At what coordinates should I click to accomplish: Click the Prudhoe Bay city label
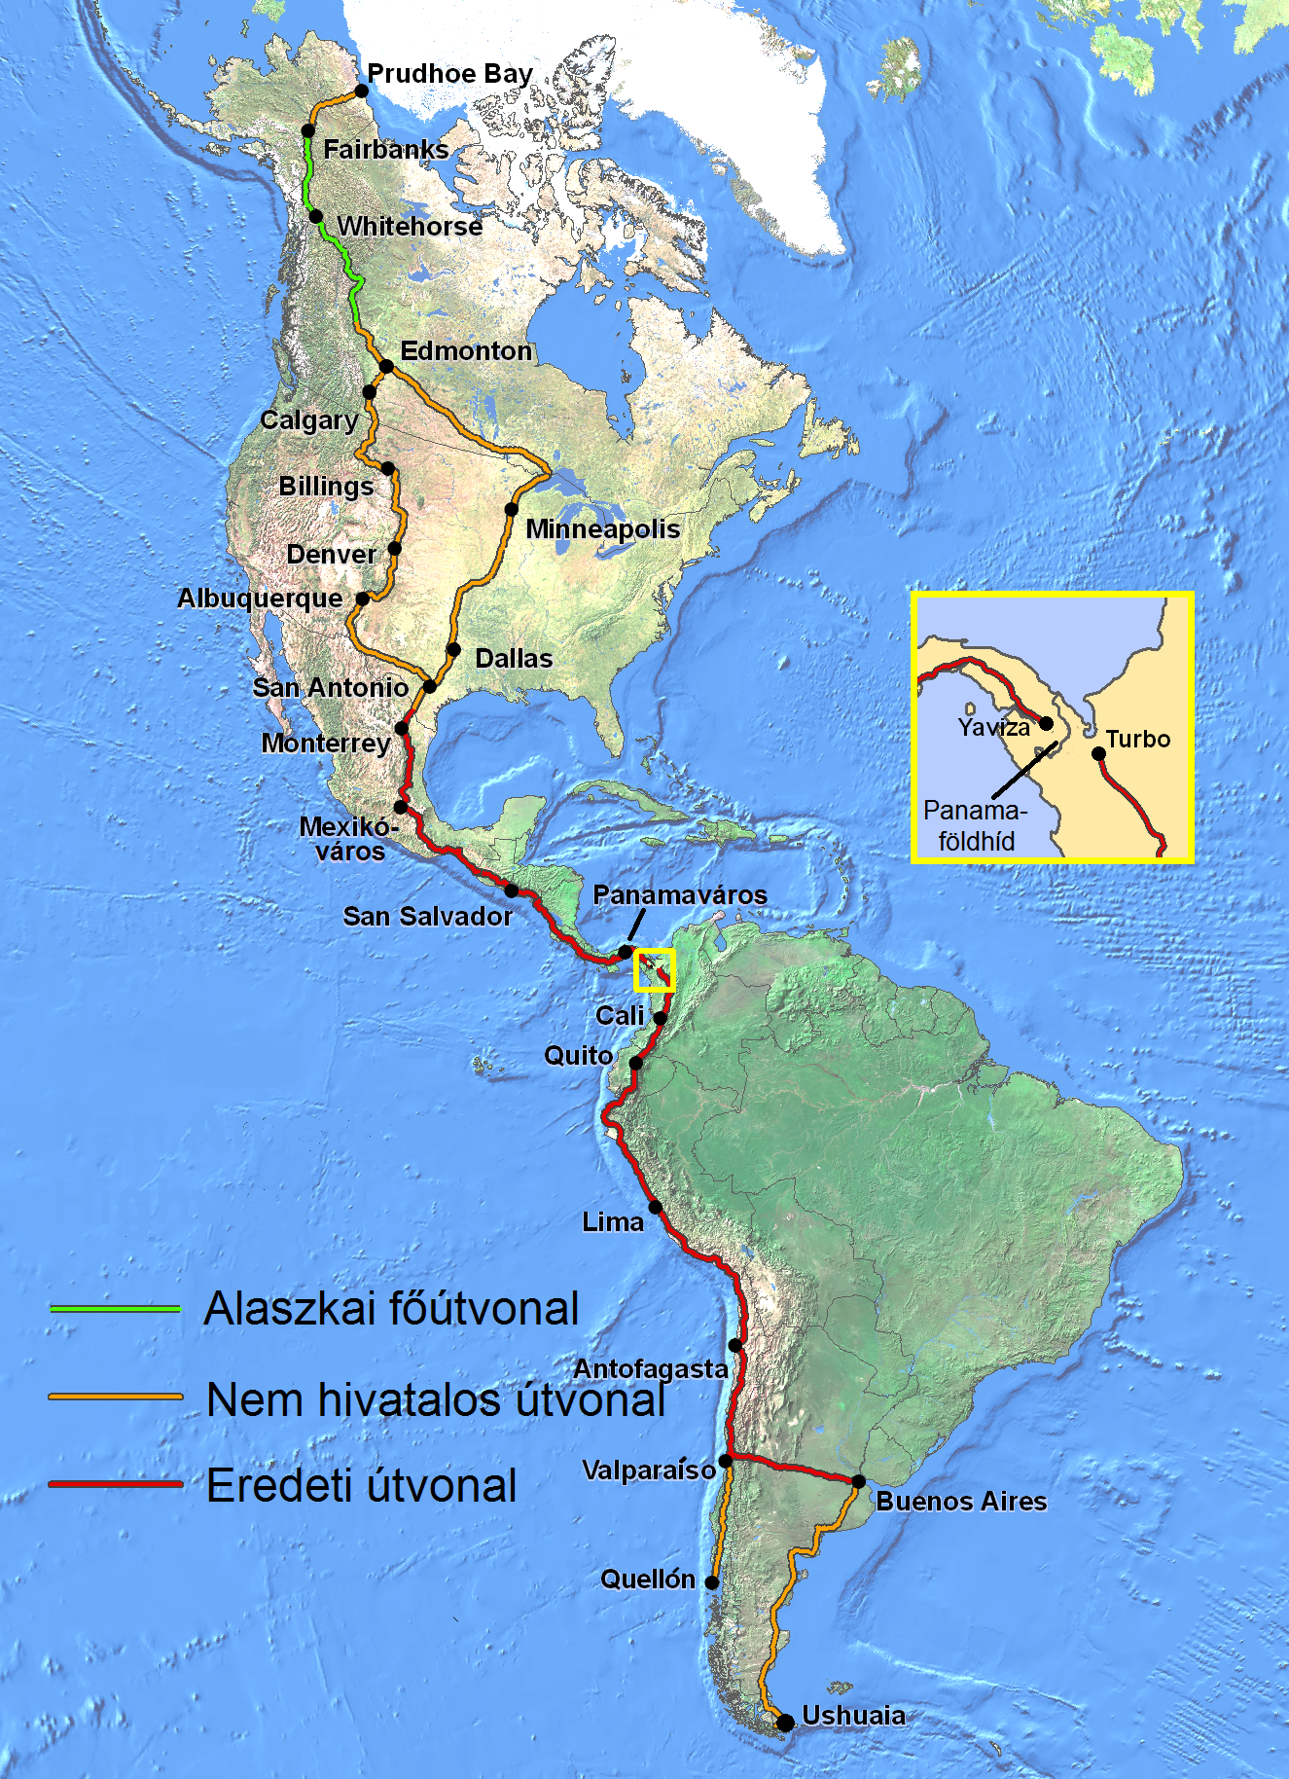tap(449, 74)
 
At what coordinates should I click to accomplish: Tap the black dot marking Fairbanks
tap(308, 130)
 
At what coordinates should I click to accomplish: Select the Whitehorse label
tap(410, 226)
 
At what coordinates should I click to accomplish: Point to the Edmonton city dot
tap(386, 367)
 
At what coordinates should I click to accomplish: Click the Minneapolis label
tap(602, 528)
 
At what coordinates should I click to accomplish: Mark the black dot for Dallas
tap(453, 649)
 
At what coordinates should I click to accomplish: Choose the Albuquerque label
tap(260, 598)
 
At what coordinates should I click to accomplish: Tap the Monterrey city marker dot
tap(401, 728)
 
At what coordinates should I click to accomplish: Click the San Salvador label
tap(427, 916)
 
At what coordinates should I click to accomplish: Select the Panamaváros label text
tap(680, 894)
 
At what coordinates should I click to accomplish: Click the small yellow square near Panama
tap(655, 970)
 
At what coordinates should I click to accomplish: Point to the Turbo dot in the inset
tap(1098, 753)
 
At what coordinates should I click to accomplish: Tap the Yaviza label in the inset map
tap(993, 727)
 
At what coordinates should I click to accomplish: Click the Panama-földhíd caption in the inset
tap(976, 825)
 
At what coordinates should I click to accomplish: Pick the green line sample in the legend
tap(115, 1309)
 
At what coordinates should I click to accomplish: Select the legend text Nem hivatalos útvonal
tap(436, 1399)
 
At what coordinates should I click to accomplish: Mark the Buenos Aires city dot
tap(858, 1482)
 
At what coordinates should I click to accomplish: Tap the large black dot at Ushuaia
tap(785, 1724)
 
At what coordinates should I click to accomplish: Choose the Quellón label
tap(648, 1579)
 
